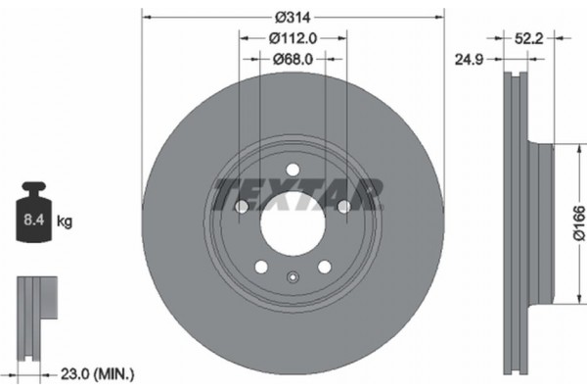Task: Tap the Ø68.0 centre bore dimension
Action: click(293, 58)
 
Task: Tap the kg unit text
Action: click(66, 222)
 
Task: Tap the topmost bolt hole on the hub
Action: click(293, 171)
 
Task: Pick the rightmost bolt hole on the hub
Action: click(343, 207)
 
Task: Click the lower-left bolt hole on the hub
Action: click(261, 267)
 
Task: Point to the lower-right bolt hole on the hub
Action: click(324, 267)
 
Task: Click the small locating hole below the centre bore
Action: click(293, 276)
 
